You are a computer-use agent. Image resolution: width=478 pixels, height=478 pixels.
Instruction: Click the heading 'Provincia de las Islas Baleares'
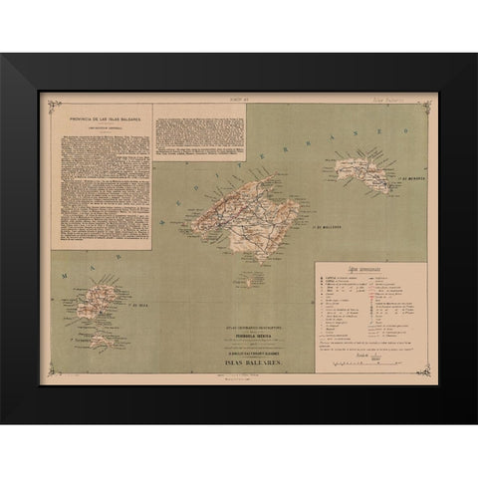tap(102, 120)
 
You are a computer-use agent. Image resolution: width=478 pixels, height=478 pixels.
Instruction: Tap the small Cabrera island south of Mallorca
tap(247, 280)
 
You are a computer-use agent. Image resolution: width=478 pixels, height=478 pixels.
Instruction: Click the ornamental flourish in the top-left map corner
tap(45, 97)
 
